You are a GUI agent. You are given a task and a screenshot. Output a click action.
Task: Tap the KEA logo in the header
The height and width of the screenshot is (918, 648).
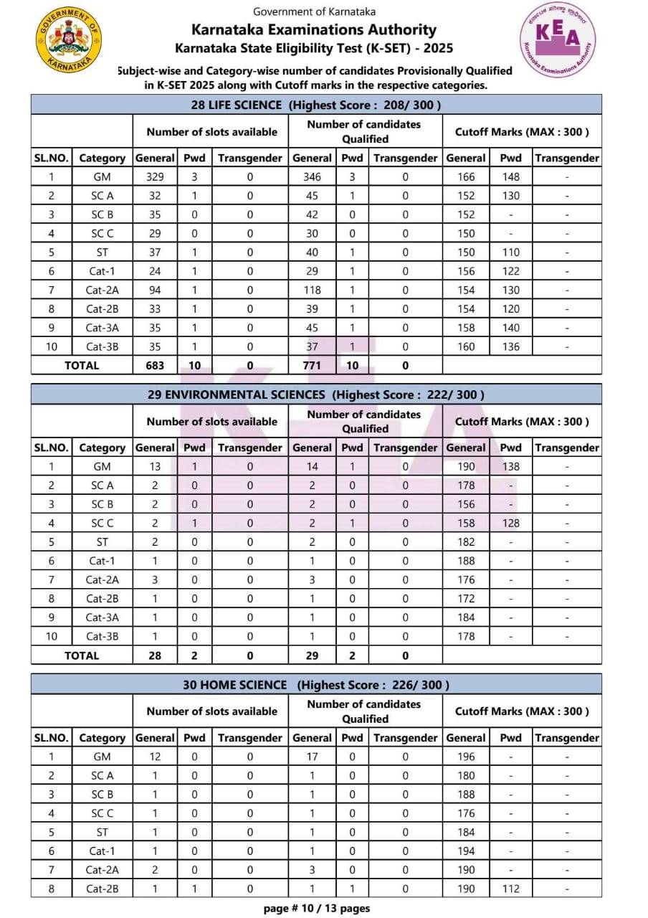pyautogui.click(x=557, y=40)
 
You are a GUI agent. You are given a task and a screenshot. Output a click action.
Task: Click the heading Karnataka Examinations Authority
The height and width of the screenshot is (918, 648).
pyautogui.click(x=314, y=29)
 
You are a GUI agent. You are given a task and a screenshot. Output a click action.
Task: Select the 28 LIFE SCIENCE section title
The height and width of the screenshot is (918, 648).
pyautogui.click(x=315, y=105)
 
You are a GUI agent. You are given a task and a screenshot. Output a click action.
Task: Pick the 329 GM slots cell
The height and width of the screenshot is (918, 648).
pyautogui.click(x=155, y=176)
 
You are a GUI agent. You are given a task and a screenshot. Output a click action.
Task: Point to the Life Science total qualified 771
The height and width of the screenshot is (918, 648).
pyautogui.click(x=312, y=365)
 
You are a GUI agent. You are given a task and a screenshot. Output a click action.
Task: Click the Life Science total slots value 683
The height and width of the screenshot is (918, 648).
pyautogui.click(x=155, y=365)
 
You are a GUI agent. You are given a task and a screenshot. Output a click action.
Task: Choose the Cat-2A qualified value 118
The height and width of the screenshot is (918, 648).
pyautogui.click(x=312, y=290)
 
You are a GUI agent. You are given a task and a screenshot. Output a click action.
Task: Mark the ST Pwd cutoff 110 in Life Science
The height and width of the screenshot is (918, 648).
pyautogui.click(x=510, y=252)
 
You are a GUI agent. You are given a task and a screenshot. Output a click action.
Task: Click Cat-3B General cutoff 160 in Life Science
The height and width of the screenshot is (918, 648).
pyautogui.click(x=466, y=346)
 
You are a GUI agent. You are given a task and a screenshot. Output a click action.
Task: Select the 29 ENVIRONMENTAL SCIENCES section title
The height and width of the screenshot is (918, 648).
pyautogui.click(x=315, y=394)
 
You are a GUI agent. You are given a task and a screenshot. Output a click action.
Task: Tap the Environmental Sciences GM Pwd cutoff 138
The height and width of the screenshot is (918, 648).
pyautogui.click(x=510, y=466)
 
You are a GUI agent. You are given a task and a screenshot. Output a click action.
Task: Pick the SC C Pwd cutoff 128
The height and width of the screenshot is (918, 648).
pyautogui.click(x=510, y=523)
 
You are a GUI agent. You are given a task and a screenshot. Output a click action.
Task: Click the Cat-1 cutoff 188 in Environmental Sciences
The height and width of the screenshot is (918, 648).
pyautogui.click(x=466, y=561)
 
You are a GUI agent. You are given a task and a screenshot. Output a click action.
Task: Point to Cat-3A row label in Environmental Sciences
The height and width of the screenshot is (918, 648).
pyautogui.click(x=103, y=617)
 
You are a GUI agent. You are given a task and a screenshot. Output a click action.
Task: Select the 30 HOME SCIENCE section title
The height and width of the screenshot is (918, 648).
pyautogui.click(x=315, y=685)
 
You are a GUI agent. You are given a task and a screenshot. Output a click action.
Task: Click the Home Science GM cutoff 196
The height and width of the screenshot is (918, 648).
pyautogui.click(x=466, y=756)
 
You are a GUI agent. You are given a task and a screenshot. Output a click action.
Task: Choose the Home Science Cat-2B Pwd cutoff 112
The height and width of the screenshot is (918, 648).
pyautogui.click(x=510, y=889)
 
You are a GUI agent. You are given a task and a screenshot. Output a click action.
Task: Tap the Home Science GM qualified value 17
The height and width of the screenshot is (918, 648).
pyautogui.click(x=312, y=756)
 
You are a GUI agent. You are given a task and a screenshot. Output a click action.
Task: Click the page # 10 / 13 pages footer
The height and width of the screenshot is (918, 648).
pyautogui.click(x=317, y=908)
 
